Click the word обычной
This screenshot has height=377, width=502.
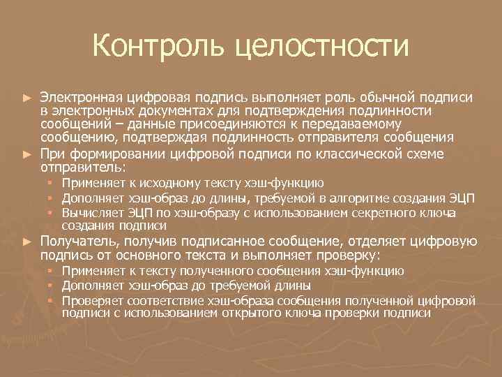coord(381,96)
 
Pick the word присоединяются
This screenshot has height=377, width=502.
coord(206,124)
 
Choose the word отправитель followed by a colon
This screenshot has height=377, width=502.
coord(82,168)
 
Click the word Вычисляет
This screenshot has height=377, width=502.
coord(90,212)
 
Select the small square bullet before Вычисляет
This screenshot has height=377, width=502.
coord(52,212)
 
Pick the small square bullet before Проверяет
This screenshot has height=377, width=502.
coord(52,300)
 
